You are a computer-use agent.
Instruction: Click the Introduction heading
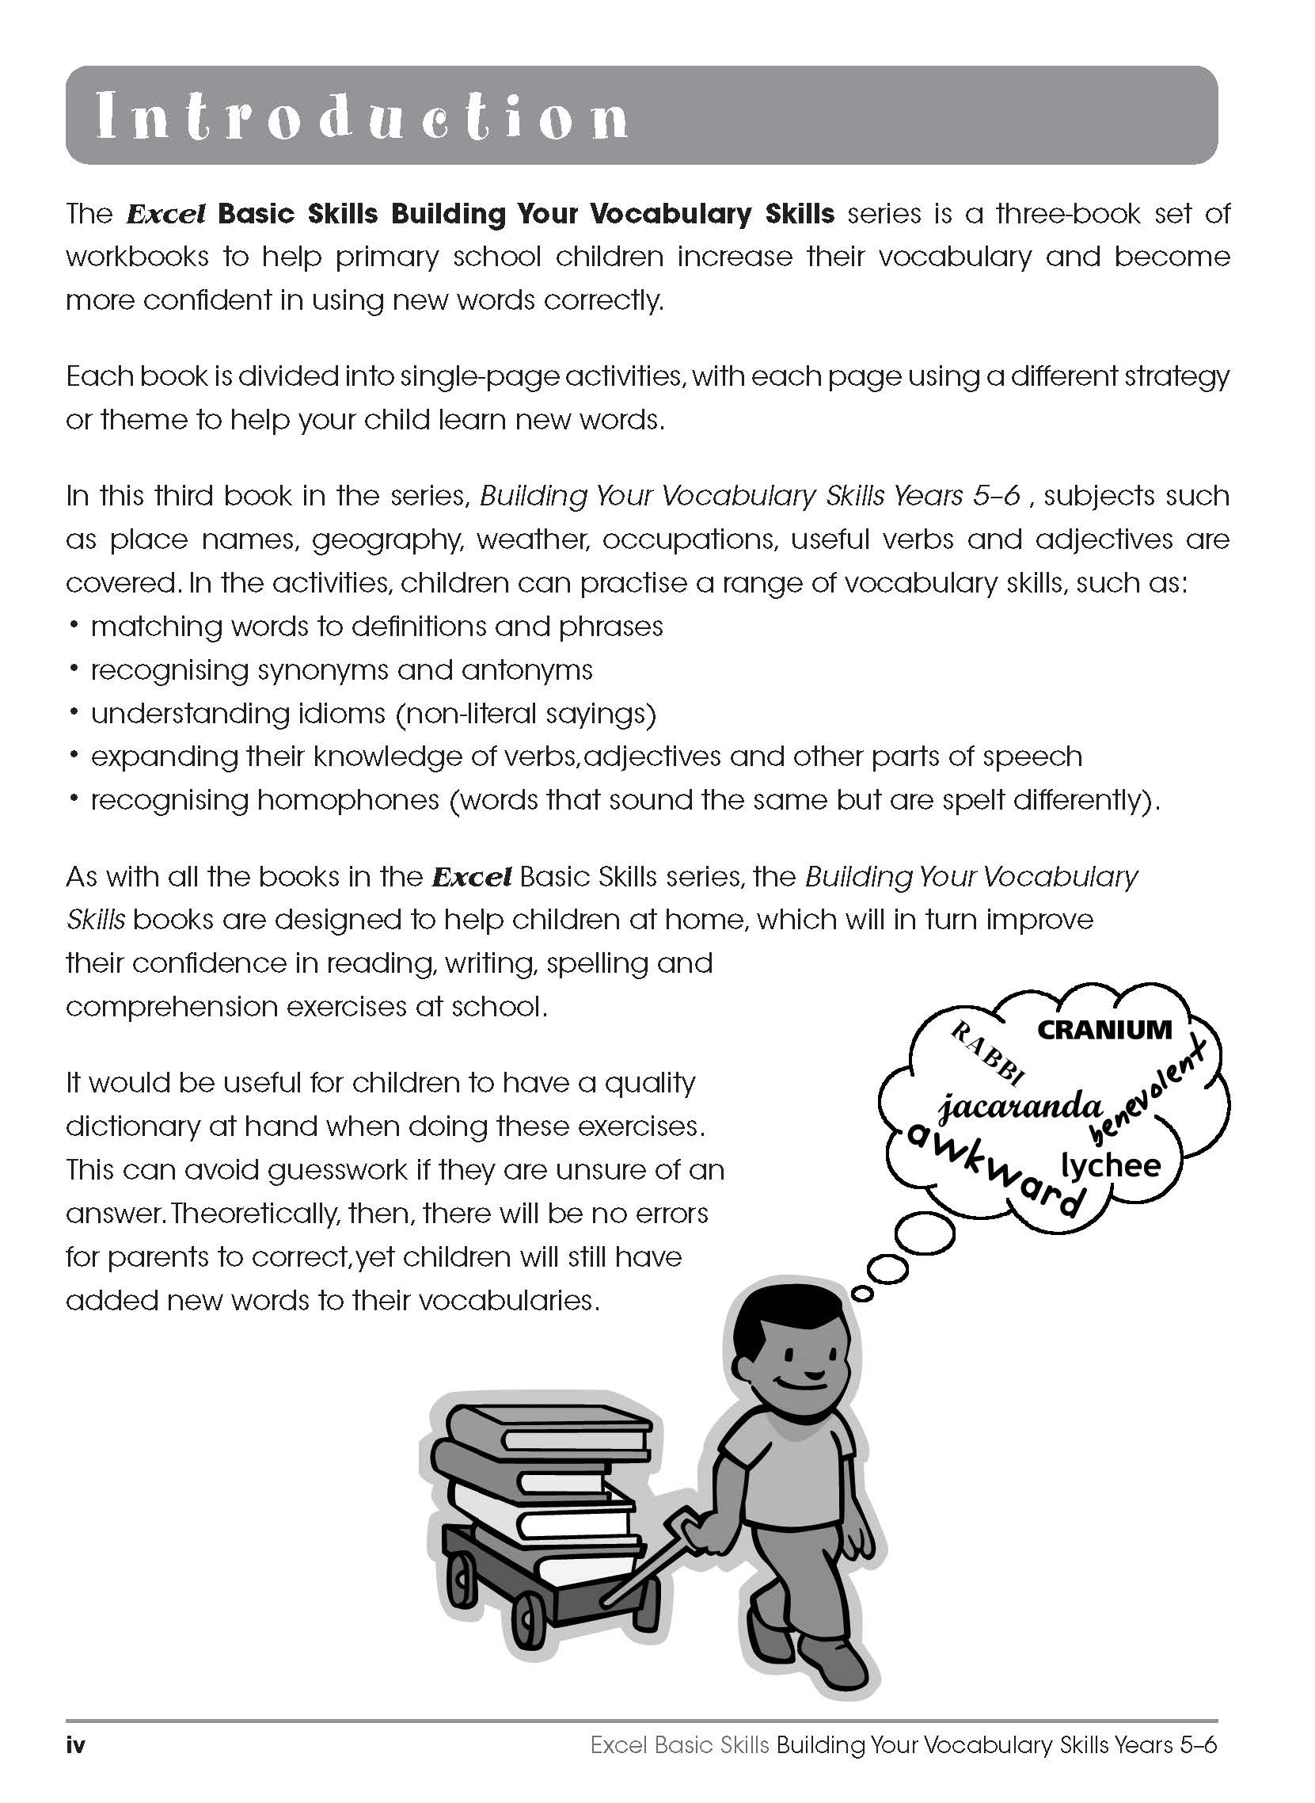tap(362, 117)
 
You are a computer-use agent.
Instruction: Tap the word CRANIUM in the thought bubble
tap(1104, 1029)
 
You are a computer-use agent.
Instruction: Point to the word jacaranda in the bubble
tap(1020, 1107)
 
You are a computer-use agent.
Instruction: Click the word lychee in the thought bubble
tap(1112, 1165)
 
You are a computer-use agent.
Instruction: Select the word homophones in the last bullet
tap(348, 799)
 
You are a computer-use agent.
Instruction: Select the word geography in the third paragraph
tap(387, 540)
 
